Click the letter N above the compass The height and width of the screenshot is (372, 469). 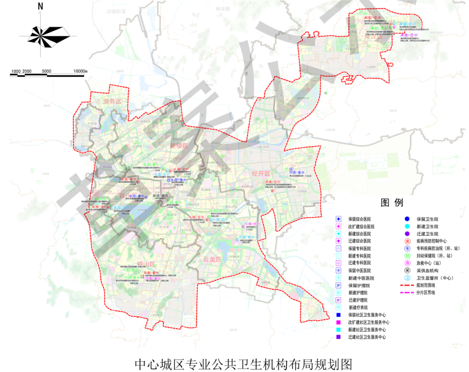(x=40, y=6)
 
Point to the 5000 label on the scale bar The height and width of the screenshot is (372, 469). (x=46, y=71)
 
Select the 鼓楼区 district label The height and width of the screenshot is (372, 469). (x=178, y=146)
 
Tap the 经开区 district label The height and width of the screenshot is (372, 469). (x=261, y=174)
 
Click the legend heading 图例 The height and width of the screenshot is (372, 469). (x=392, y=203)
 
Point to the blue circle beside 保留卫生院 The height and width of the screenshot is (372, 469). (x=407, y=219)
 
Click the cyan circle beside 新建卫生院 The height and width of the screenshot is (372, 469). (x=407, y=226)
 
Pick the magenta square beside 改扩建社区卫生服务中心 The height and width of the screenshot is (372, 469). (x=338, y=322)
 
